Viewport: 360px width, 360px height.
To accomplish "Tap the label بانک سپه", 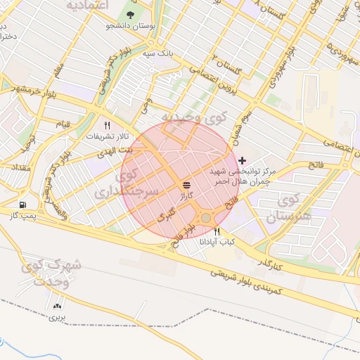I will point(158,53).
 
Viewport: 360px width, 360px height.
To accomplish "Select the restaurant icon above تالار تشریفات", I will point(107,124).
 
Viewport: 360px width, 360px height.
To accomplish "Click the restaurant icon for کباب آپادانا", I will point(217,231).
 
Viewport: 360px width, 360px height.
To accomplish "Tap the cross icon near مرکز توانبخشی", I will point(243,160).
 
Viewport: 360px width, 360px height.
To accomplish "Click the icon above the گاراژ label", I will point(186,185).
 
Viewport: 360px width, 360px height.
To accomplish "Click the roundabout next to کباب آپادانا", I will point(205,218).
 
